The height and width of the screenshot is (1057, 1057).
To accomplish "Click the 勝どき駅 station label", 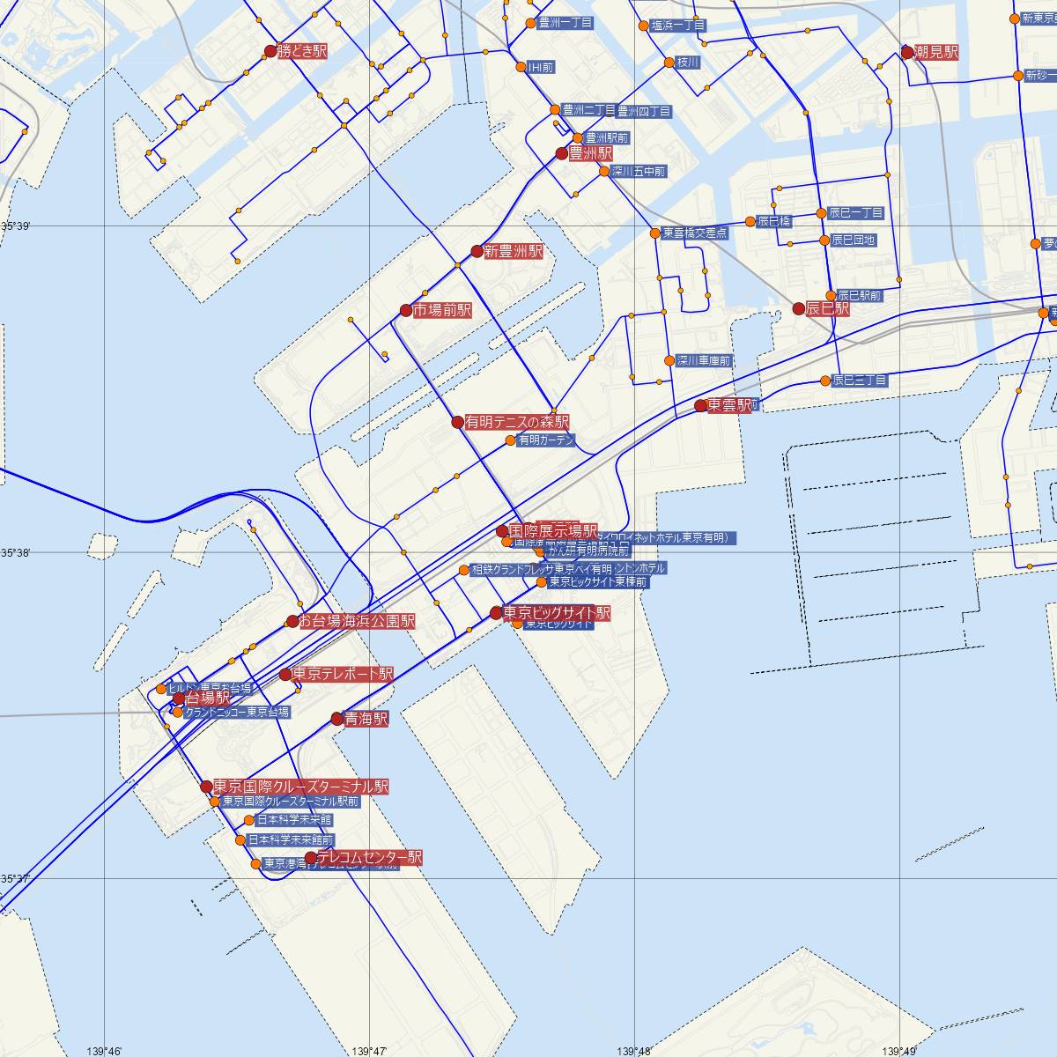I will pos(302,52).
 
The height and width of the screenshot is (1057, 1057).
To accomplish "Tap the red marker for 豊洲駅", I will pos(562,153).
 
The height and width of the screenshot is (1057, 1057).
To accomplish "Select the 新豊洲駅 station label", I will pos(514,251).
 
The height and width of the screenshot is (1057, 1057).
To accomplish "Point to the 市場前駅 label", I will pos(442,310).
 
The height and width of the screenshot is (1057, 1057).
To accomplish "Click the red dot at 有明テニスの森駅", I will pos(457,422).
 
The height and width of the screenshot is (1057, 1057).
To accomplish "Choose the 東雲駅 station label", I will pos(730,405).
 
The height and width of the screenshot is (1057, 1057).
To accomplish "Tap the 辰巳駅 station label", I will pos(828,308).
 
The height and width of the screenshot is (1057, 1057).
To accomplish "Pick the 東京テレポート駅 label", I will pos(343,674).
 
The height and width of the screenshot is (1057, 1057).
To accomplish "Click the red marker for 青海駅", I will pos(336,719).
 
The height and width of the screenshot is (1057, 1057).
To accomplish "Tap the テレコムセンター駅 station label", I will pos(369,857).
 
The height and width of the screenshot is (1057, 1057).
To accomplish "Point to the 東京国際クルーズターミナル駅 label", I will pos(300,786).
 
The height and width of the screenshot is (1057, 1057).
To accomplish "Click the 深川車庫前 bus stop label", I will pos(704,361).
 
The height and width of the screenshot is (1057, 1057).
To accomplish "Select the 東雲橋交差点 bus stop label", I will pos(695,233).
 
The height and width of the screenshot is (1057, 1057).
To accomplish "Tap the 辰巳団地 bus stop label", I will pos(854,240).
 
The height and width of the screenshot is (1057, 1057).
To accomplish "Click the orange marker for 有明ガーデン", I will pos(511,440).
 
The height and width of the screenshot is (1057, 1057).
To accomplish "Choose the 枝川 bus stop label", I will pos(688,63).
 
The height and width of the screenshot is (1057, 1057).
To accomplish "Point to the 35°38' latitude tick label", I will pos(15,552).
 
